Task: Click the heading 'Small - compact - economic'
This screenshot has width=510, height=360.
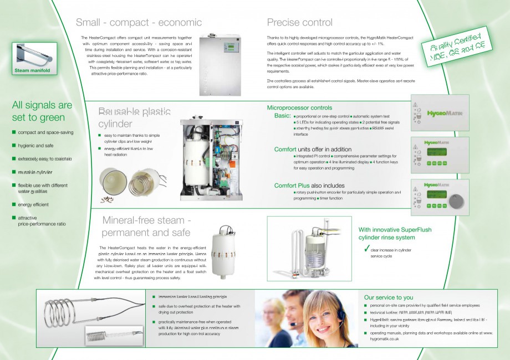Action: [139, 23]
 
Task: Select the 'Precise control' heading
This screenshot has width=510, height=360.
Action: [299, 23]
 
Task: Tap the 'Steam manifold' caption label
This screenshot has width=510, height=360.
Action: [32, 71]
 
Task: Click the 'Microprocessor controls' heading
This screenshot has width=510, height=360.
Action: [299, 107]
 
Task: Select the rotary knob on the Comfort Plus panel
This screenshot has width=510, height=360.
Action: [456, 200]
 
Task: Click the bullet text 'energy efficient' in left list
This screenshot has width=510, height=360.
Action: [33, 205]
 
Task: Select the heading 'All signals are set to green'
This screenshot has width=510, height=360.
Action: [42, 111]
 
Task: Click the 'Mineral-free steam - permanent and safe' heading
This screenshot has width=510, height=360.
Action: [146, 227]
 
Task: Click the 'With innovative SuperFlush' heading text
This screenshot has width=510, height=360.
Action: [395, 230]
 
